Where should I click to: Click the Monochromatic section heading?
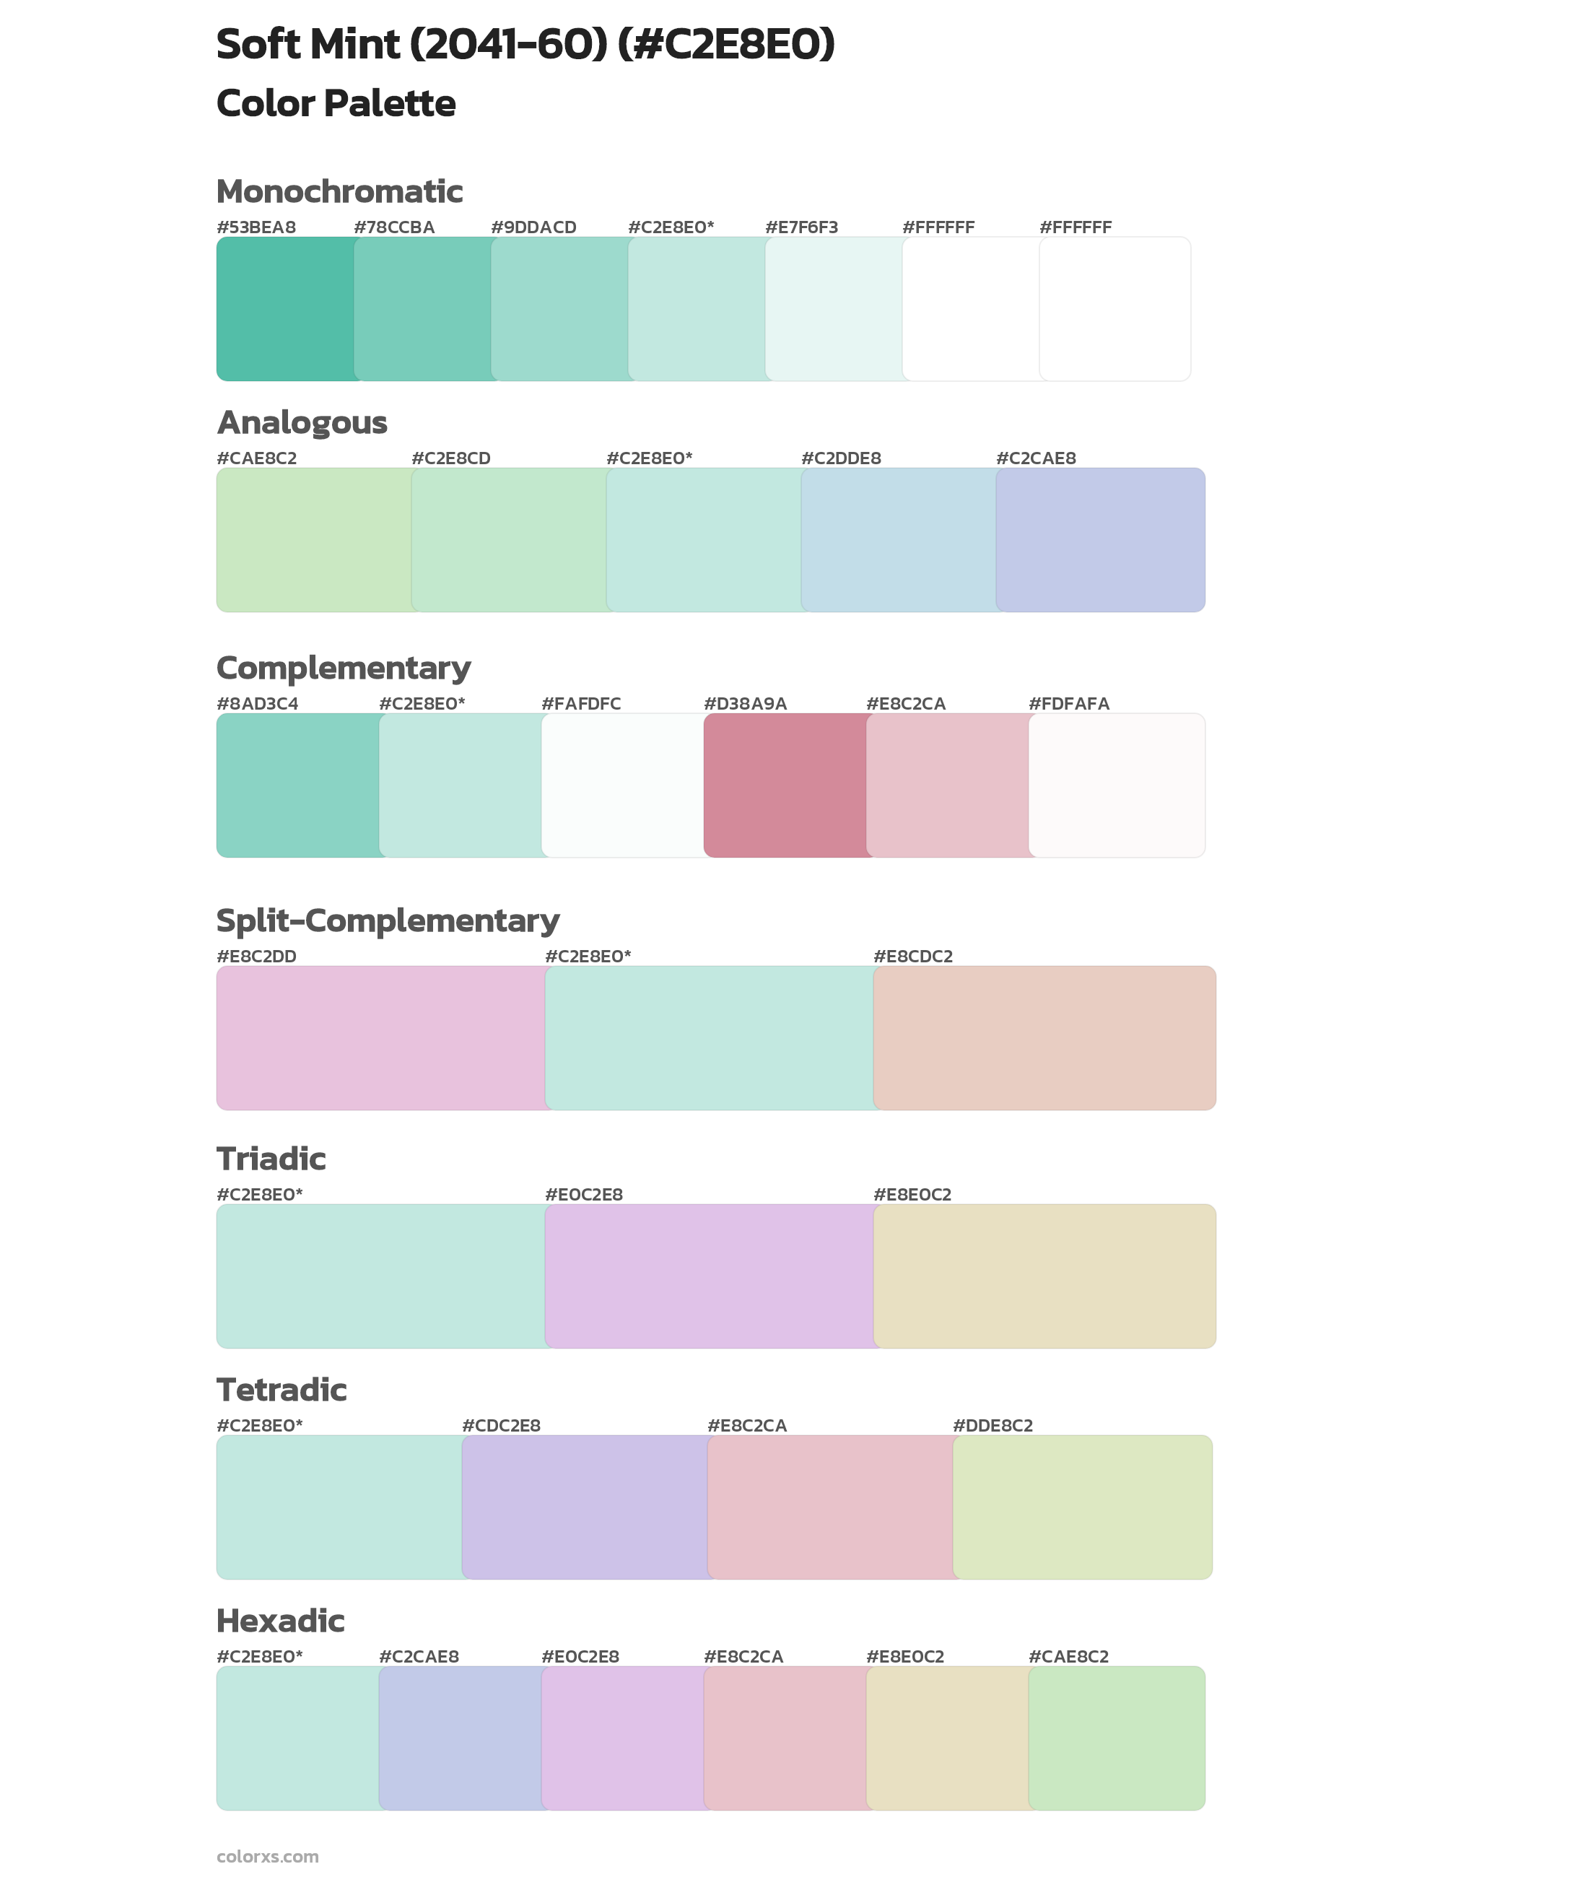(x=339, y=192)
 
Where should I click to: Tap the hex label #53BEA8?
(x=256, y=227)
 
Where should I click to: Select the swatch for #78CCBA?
(x=423, y=309)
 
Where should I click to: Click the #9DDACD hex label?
(x=533, y=227)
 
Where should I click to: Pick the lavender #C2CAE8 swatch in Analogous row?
(x=1100, y=540)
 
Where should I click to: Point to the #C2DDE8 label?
(x=841, y=458)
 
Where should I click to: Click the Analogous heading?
(x=302, y=422)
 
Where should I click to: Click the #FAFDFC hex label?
(x=580, y=704)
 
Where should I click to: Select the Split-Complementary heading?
(x=387, y=921)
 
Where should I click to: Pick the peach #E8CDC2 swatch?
(x=1044, y=1038)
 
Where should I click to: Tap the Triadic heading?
(x=271, y=1159)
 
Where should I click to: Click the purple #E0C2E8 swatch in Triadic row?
(x=710, y=1276)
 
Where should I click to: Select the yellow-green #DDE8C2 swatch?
(x=1082, y=1507)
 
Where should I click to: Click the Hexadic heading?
(x=280, y=1621)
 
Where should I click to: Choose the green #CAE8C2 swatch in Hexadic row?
(x=1116, y=1738)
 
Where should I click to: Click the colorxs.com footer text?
(x=267, y=1856)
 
